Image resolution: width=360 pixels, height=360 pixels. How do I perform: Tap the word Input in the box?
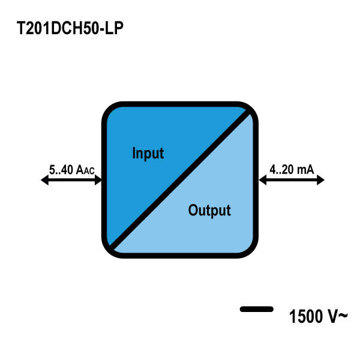pos(148,153)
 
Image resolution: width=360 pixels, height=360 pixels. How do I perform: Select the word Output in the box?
pos(209,211)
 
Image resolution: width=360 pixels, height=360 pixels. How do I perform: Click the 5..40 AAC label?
pos(71,171)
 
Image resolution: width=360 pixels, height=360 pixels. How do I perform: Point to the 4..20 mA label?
pos(292,170)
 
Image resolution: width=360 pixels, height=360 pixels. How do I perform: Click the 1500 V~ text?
pos(317,316)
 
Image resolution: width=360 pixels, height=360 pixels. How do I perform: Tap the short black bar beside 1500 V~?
pos(257,309)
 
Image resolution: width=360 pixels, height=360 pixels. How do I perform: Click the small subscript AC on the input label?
pos(88,172)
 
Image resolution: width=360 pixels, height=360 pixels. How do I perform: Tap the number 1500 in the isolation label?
pos(305,316)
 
